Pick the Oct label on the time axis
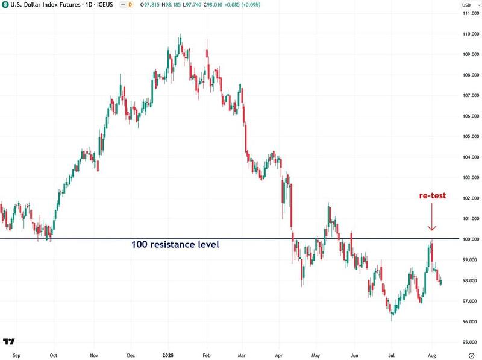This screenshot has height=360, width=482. [x=54, y=355]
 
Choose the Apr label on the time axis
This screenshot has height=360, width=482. [x=278, y=355]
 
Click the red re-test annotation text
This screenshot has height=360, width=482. [x=433, y=196]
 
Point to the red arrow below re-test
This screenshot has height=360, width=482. [x=431, y=217]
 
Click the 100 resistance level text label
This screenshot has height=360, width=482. [x=175, y=245]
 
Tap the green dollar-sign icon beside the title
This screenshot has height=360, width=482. [x=6, y=5]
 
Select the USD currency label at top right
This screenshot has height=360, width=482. [x=466, y=5]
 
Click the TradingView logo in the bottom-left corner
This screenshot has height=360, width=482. [x=8, y=341]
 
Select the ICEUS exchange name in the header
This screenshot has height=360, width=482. [x=96, y=5]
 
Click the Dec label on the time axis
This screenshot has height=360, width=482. [x=131, y=355]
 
